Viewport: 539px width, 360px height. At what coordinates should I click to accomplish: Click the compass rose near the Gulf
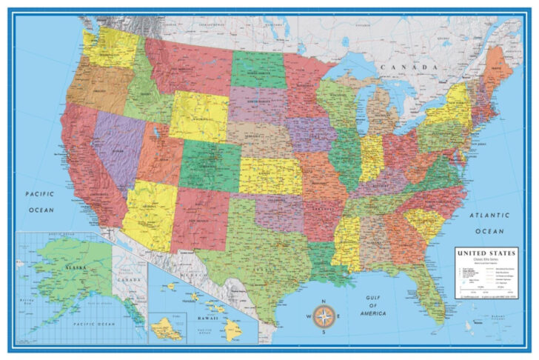click(323, 317)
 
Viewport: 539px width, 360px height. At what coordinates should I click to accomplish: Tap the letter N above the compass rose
click(323, 301)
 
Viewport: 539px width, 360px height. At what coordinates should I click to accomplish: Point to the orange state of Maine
click(494, 71)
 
